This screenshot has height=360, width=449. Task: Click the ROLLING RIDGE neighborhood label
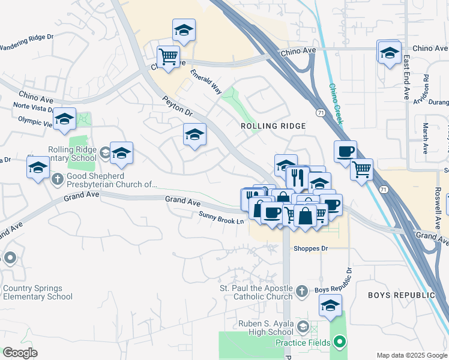click(273, 126)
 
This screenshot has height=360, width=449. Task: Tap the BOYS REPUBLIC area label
click(401, 295)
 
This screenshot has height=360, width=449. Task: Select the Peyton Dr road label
click(176, 106)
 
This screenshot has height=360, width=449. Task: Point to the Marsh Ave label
click(425, 138)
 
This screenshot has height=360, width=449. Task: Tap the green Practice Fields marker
click(340, 343)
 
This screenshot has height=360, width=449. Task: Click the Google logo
click(20, 353)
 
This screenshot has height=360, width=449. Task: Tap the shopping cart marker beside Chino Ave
click(169, 57)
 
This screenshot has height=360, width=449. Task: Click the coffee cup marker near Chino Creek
click(345, 152)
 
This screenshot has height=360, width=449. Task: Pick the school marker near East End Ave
click(390, 52)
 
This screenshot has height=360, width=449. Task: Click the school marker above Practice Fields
click(330, 305)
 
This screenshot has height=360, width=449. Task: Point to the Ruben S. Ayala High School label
click(265, 328)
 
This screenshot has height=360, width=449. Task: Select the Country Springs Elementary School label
click(37, 292)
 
